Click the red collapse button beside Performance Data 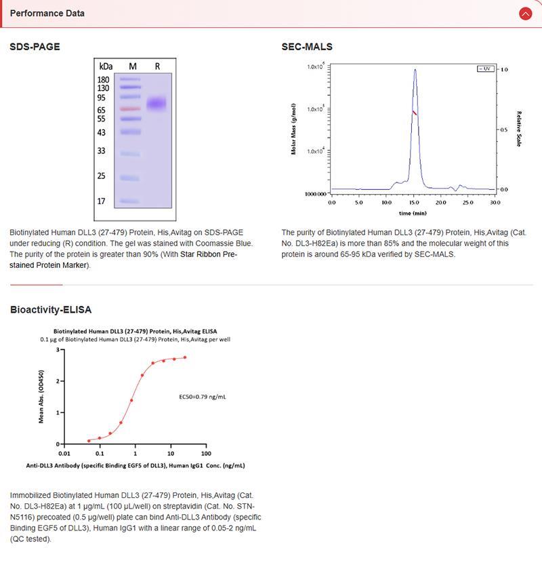525,14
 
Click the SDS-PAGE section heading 35,47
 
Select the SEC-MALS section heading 307,47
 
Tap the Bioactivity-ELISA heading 51,310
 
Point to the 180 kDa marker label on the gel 104,79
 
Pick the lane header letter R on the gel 157,66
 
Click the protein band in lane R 157,104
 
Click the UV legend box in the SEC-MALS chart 486,69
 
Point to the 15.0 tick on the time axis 414,202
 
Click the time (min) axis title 413,212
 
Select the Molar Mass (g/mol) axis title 295,129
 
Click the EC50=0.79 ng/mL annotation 203,396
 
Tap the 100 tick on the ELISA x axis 206,454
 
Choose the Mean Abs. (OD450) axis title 42,397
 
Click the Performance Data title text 47,13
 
